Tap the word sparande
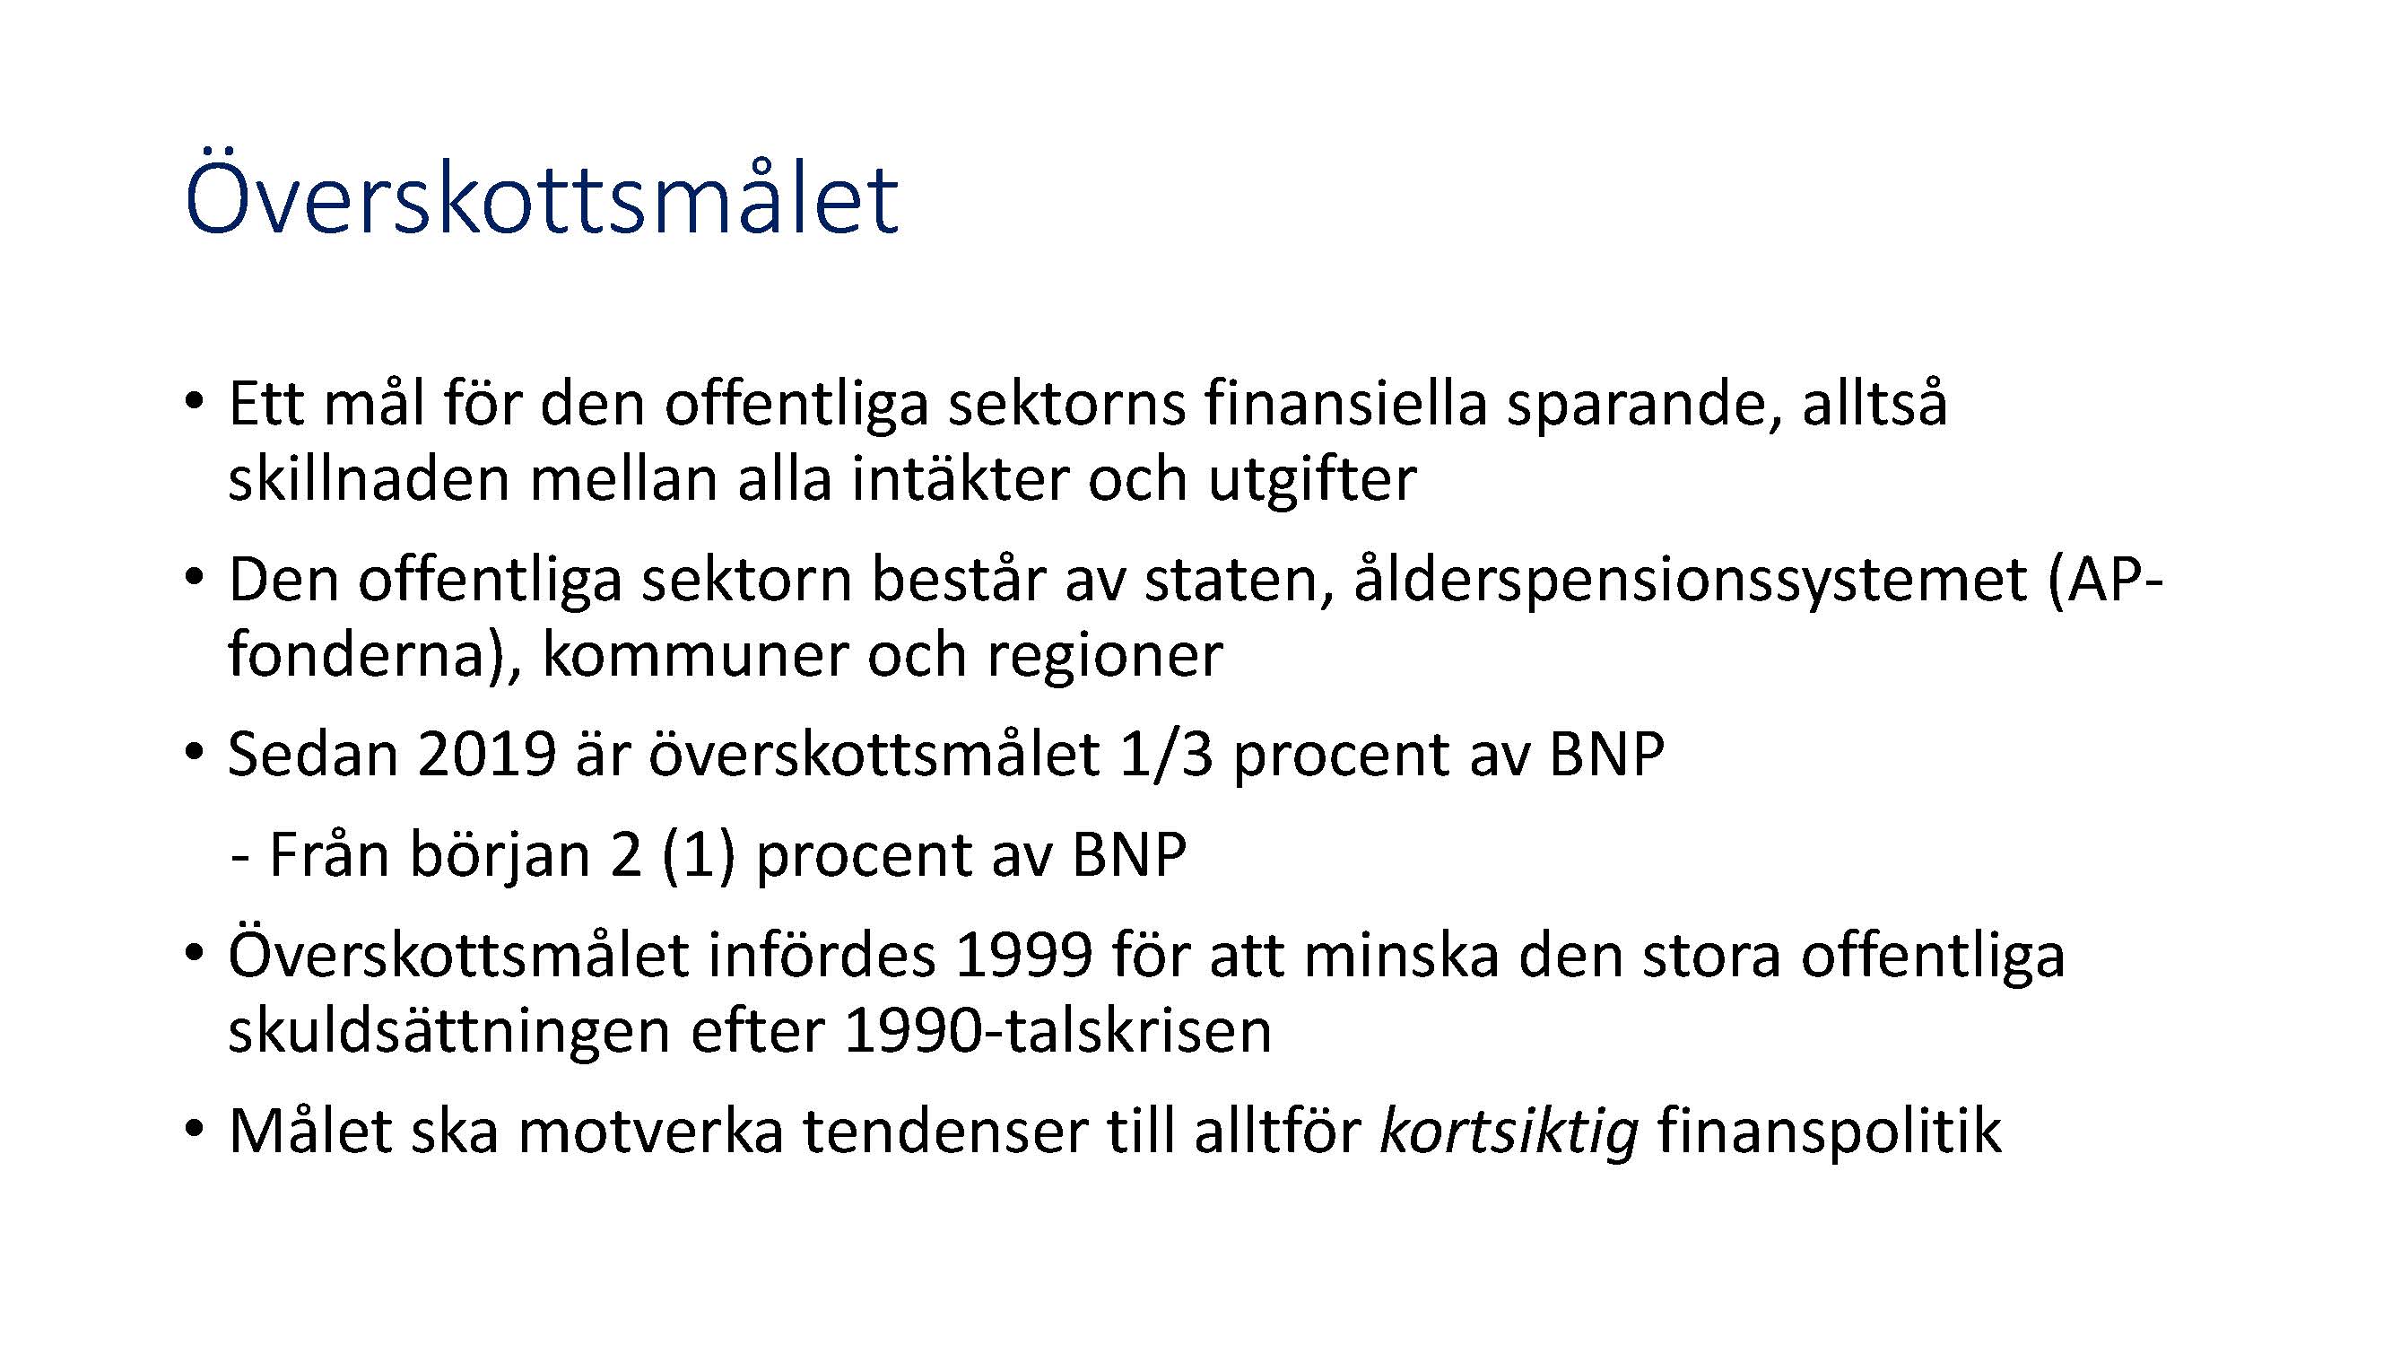pos(1644,408)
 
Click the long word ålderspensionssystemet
pos(1690,583)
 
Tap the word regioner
pos(1104,660)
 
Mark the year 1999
pos(1022,956)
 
